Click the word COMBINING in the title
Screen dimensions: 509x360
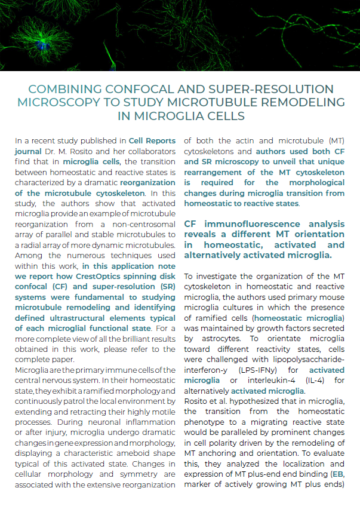point(67,89)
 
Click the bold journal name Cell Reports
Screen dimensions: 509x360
point(153,141)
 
